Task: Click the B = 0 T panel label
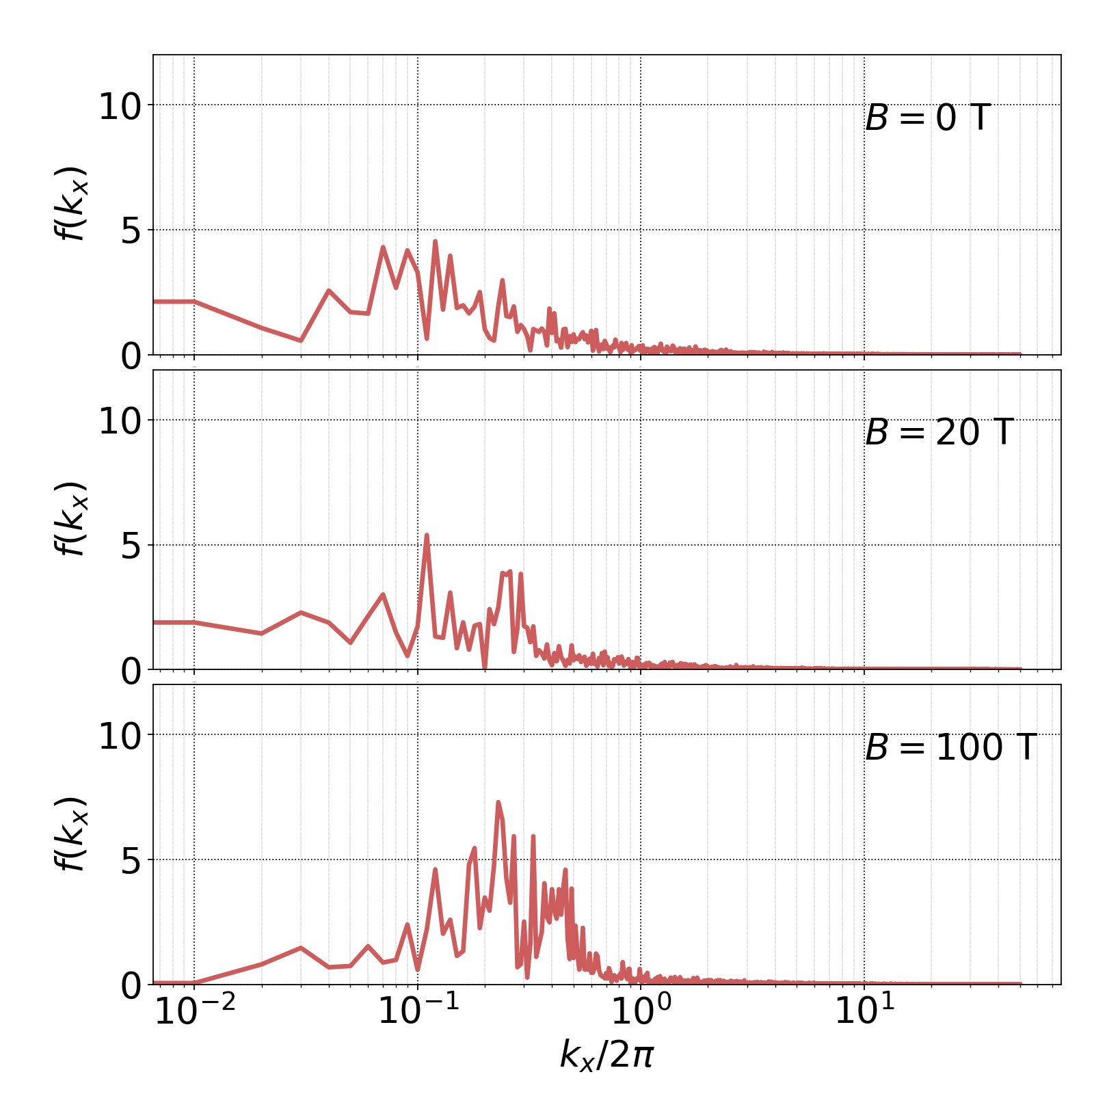coord(927,118)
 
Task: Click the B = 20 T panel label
coord(938,433)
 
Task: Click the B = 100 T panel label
coord(950,747)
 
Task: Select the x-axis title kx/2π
coord(606,1054)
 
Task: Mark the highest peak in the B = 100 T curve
coord(498,803)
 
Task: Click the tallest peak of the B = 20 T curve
coord(427,535)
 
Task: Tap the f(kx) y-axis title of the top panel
coord(70,203)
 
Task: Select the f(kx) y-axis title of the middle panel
coord(70,518)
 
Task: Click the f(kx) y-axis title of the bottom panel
coord(70,833)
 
